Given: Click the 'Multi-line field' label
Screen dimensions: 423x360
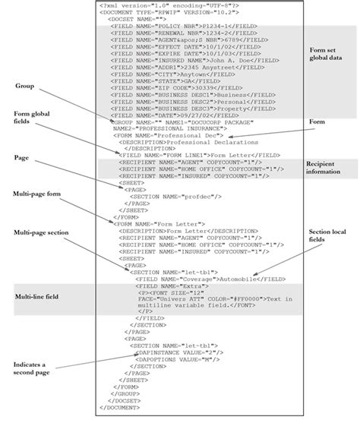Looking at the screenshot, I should (x=36, y=297).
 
